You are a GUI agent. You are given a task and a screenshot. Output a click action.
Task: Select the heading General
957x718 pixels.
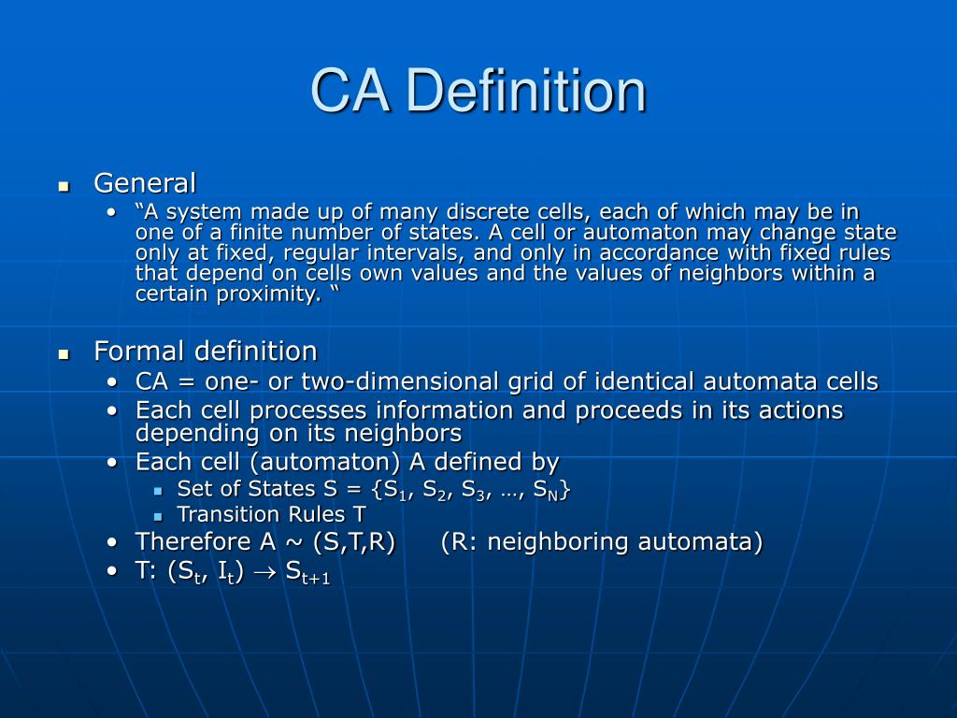pos(145,182)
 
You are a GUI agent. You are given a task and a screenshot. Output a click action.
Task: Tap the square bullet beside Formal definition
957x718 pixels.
pos(64,354)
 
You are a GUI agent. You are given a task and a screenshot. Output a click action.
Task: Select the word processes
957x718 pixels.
pos(304,410)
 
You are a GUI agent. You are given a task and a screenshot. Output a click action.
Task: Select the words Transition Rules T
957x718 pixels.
pos(271,514)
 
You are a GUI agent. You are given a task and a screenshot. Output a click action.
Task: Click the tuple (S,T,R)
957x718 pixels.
pos(354,541)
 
